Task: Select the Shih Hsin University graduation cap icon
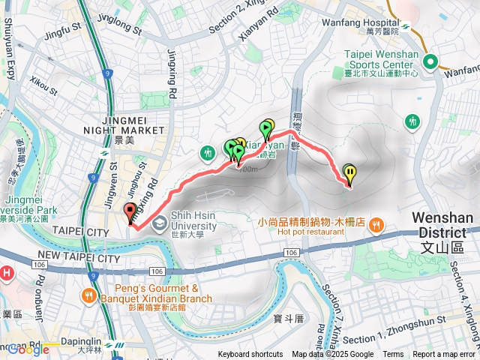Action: point(159,223)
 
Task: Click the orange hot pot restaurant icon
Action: point(376,223)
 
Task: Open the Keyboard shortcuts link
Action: point(250,355)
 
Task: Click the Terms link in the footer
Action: point(393,355)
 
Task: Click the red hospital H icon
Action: point(7,272)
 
